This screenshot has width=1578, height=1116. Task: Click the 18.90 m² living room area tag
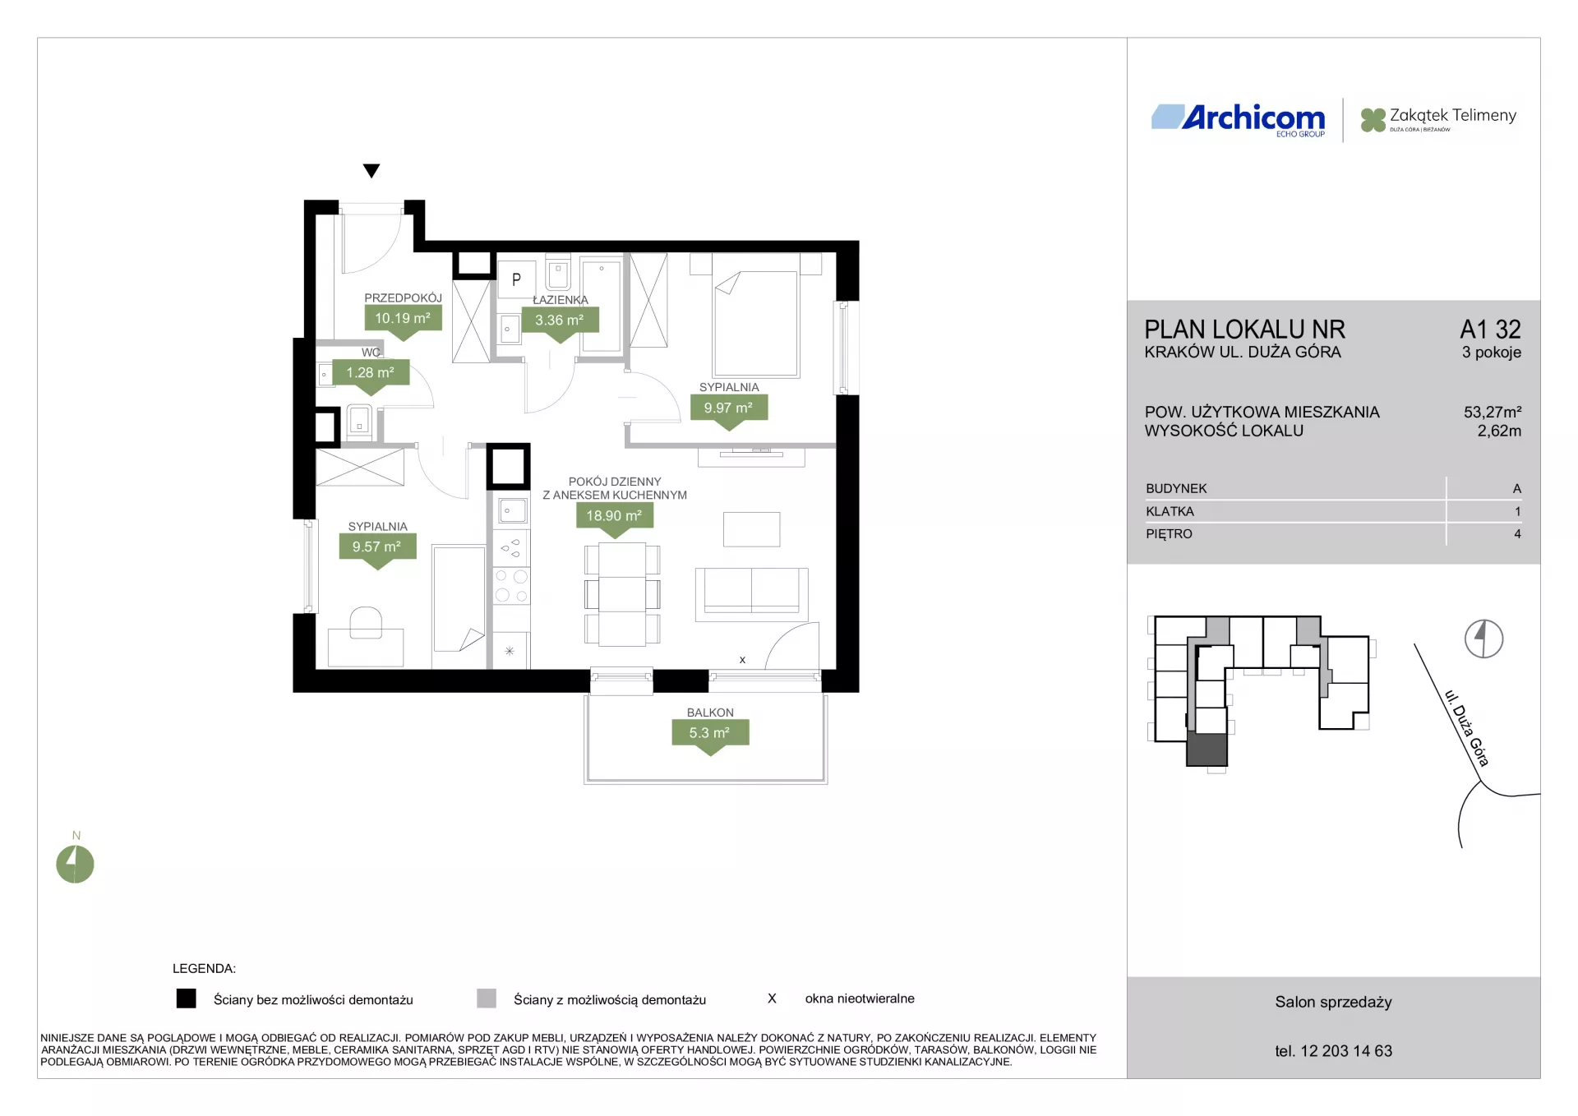pos(615,516)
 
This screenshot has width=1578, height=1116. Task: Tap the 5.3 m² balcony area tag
pos(710,733)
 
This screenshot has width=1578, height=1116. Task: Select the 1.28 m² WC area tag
pos(371,373)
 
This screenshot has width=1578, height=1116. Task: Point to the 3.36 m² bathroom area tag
pos(560,321)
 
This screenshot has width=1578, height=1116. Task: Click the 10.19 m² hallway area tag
pos(403,319)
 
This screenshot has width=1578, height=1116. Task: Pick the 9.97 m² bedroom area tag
pos(729,408)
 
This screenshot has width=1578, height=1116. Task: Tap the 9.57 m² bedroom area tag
pos(377,547)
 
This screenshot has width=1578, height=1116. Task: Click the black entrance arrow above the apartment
pos(371,171)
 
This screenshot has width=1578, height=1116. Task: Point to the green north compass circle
pos(75,864)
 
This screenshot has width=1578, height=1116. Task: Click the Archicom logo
pos(1239,120)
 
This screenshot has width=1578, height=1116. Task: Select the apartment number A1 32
pos(1490,330)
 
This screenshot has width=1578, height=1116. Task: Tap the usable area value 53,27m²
pos(1492,412)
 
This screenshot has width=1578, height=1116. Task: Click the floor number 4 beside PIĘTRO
pos(1517,534)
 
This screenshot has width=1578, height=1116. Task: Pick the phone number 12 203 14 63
pos(1346,1051)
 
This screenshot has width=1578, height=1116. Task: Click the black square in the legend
pos(187,998)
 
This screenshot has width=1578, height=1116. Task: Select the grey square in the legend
pos(487,998)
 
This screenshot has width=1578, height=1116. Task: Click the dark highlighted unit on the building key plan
pos(1207,749)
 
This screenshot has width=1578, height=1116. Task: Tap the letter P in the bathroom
pos(516,279)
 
